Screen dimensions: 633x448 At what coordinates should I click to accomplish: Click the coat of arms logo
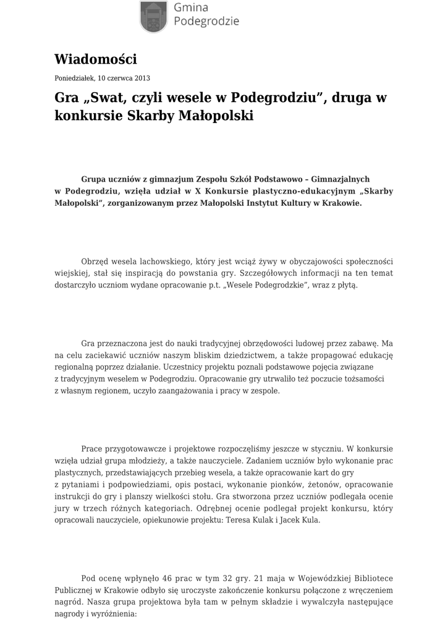coord(153,15)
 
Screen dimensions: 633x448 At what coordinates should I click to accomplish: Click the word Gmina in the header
coord(191,7)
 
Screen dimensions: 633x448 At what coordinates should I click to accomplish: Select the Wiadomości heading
coord(95,59)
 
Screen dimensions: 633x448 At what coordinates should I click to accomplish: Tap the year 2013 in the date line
coord(142,79)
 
